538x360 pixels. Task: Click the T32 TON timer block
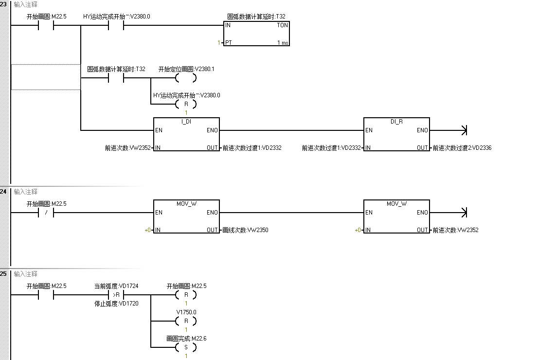256,34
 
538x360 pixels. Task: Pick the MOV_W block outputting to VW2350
186,217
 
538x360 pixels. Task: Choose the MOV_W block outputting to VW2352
396,217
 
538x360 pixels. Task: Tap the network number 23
4,4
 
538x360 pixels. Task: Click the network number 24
4,192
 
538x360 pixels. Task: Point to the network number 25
4,274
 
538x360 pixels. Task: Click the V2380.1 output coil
186,78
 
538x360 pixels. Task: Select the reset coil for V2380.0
186,104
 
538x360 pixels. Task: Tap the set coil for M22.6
186,347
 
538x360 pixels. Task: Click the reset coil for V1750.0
186,321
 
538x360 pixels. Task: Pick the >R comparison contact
116,295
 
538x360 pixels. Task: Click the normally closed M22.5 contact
46,213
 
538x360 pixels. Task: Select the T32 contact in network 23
116,78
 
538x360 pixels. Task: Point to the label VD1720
116,304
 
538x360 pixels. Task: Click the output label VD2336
462,148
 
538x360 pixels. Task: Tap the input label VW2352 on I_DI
127,148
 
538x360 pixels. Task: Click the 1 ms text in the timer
283,43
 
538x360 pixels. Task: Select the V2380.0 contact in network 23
116,25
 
